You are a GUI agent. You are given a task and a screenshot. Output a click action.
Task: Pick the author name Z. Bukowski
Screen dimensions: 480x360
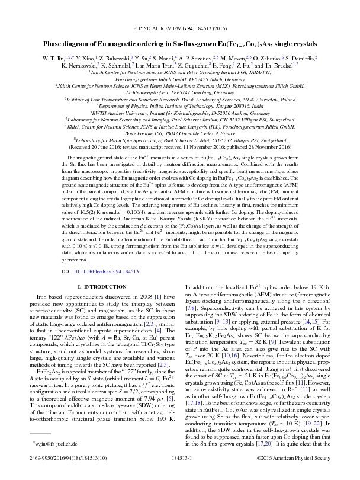122,59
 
